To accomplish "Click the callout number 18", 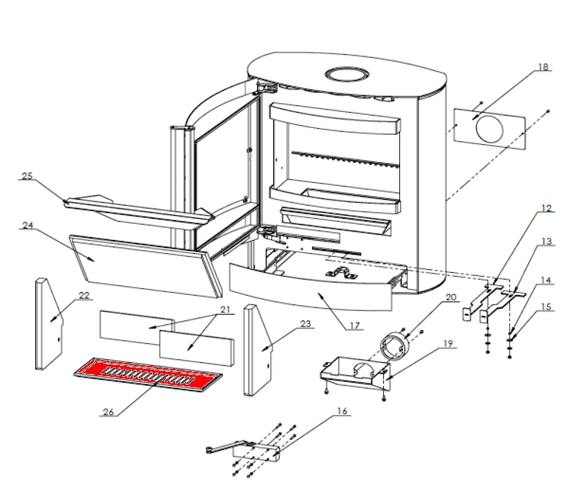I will coord(543,67).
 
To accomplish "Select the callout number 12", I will coord(546,208).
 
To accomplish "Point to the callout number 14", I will coord(546,280).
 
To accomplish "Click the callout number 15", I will coord(546,306).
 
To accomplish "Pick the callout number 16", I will coord(341,411).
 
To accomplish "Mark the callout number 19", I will coord(448,342).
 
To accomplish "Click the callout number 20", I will coord(450,297).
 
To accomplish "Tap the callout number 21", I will coord(223,310).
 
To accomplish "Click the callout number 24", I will coord(28,225).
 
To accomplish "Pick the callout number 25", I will coord(28,176).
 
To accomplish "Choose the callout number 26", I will coord(108,411).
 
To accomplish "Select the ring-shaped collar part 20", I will coord(396,343).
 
